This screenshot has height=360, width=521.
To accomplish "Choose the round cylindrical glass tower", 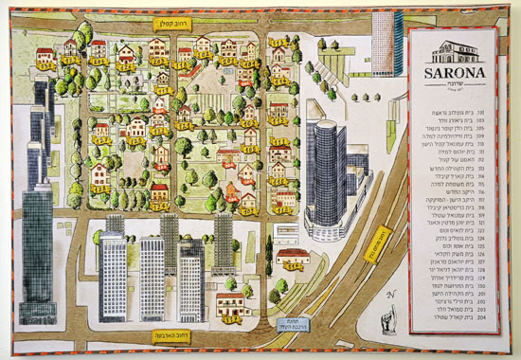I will pyautogui.click(x=326, y=171).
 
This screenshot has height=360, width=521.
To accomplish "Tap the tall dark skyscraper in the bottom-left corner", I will pyautogui.click(x=40, y=237).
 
